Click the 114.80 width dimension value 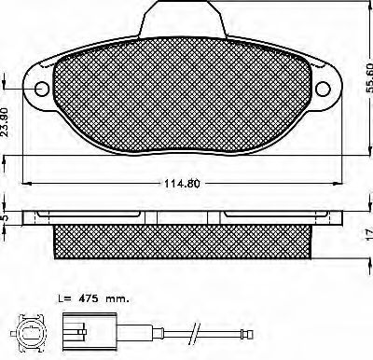182,184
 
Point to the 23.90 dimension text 6,118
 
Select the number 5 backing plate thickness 5,218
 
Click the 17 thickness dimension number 369,234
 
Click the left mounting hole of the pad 42,89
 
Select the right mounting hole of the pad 323,89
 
